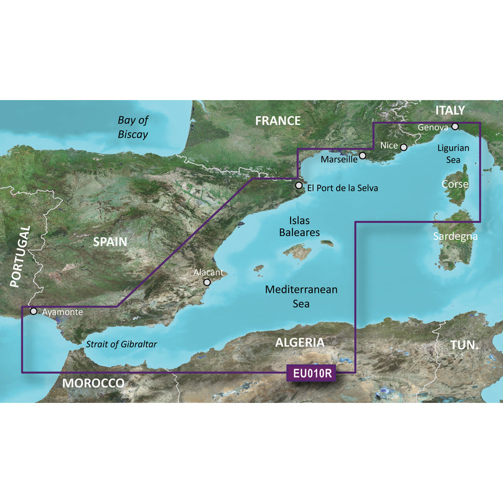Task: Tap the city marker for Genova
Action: point(455,127)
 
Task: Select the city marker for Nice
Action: point(403,148)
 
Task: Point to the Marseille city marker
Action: point(363,156)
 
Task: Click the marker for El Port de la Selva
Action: point(299,186)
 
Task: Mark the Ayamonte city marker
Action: point(34,311)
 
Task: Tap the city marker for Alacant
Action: point(208,283)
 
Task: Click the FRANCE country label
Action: point(277,121)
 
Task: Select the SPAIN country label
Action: point(110,242)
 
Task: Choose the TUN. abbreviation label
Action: point(464,345)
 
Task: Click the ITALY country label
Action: point(450,110)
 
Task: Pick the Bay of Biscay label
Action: point(133,127)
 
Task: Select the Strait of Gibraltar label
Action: point(121,344)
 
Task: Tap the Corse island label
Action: point(455,184)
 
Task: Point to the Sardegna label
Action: point(455,236)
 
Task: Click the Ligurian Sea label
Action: point(453,154)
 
